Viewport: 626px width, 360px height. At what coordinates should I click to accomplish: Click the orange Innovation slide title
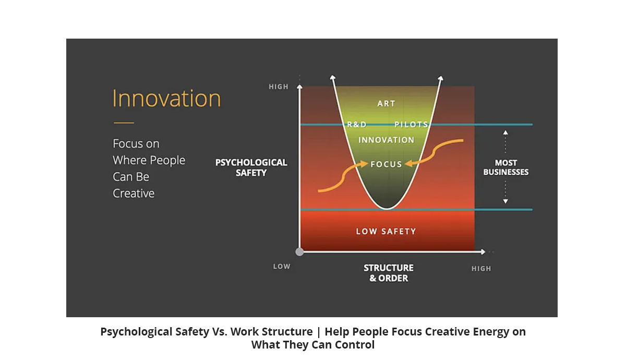click(166, 99)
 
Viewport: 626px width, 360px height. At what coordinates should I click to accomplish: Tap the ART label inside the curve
click(386, 104)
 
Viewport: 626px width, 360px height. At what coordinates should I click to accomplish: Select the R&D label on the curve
click(357, 124)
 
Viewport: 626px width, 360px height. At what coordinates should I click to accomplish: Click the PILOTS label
click(411, 124)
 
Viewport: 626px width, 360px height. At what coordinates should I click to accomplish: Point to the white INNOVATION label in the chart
click(386, 140)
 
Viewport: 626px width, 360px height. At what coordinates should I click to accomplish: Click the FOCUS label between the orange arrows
click(386, 164)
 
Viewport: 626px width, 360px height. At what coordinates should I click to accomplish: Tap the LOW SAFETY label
click(386, 232)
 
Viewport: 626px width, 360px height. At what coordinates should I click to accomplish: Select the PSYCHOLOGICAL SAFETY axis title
click(251, 167)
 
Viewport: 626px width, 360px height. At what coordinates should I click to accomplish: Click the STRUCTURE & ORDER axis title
click(389, 273)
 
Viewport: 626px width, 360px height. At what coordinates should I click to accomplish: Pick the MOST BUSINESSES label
click(506, 167)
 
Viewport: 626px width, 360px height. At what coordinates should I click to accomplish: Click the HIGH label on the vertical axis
click(279, 87)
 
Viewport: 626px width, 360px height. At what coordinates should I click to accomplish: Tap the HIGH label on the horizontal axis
click(481, 269)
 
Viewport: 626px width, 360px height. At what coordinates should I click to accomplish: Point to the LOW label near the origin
click(282, 267)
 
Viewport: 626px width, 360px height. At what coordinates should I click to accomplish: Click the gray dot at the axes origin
click(299, 252)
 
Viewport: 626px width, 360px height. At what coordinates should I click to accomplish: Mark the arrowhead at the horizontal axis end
click(483, 252)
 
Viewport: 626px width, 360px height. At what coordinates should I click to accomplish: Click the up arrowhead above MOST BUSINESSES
click(505, 133)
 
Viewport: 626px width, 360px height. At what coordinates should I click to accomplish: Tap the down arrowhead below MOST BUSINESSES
click(505, 201)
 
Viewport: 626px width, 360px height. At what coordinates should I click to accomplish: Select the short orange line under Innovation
click(124, 123)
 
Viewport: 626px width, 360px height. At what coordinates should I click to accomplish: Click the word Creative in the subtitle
click(134, 194)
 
